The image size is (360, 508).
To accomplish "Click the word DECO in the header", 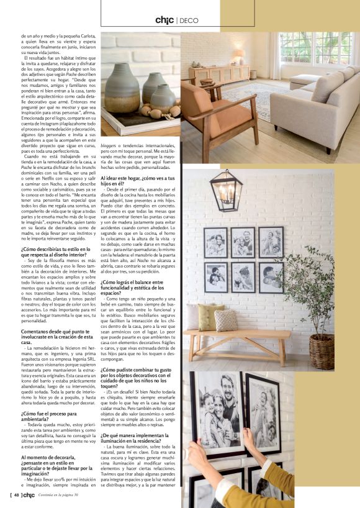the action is [x=189, y=20].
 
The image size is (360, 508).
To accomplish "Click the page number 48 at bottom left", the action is [x=17, y=494].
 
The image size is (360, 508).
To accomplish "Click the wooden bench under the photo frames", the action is [x=236, y=339].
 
